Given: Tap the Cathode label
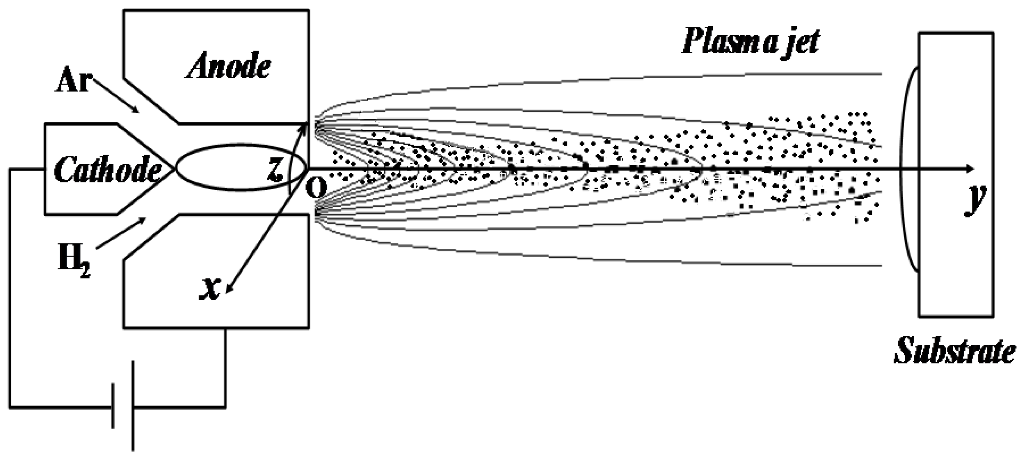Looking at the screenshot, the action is coord(107,170).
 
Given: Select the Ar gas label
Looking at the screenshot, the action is coord(72,82).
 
